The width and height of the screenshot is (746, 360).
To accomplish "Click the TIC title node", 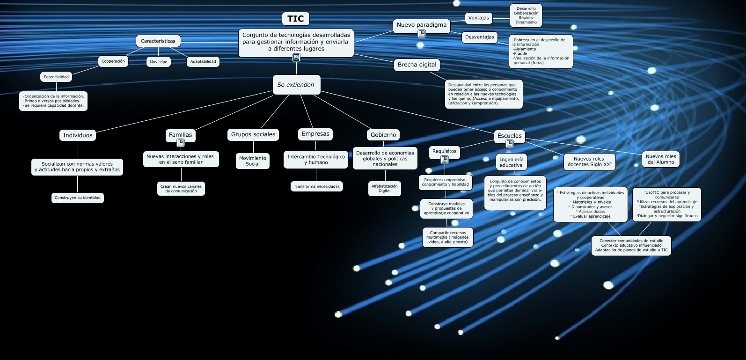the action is (x=295, y=19).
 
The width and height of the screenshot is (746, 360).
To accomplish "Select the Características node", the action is (x=158, y=41).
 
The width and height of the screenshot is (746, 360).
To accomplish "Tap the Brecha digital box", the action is (x=417, y=65).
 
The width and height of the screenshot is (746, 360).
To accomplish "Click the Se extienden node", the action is (x=296, y=85).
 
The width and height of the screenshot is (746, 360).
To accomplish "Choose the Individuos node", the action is (x=78, y=135).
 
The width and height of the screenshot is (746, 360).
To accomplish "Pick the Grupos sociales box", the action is (x=253, y=134).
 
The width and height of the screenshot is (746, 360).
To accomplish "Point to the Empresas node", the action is (x=315, y=134).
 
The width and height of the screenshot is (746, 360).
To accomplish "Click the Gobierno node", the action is (x=383, y=135).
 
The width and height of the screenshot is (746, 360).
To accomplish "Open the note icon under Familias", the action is (x=181, y=143).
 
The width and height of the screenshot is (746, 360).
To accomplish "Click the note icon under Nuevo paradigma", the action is (x=422, y=34).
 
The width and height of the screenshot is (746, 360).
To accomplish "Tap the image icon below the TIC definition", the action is (x=296, y=58).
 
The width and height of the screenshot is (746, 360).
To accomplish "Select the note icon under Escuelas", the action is (x=510, y=144).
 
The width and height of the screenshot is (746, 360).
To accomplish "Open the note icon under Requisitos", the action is (x=445, y=160).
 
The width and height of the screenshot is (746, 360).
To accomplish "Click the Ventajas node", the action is (x=478, y=18).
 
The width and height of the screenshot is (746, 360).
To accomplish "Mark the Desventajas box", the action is (x=479, y=37).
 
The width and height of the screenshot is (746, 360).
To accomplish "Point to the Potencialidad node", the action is (x=56, y=77).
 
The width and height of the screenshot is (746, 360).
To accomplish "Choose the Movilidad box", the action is (x=158, y=62).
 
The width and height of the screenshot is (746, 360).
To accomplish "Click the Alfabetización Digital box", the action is (x=384, y=188).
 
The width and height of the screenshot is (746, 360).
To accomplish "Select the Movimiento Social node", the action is (x=253, y=161).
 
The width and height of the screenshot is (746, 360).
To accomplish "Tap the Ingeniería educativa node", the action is (x=511, y=162).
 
